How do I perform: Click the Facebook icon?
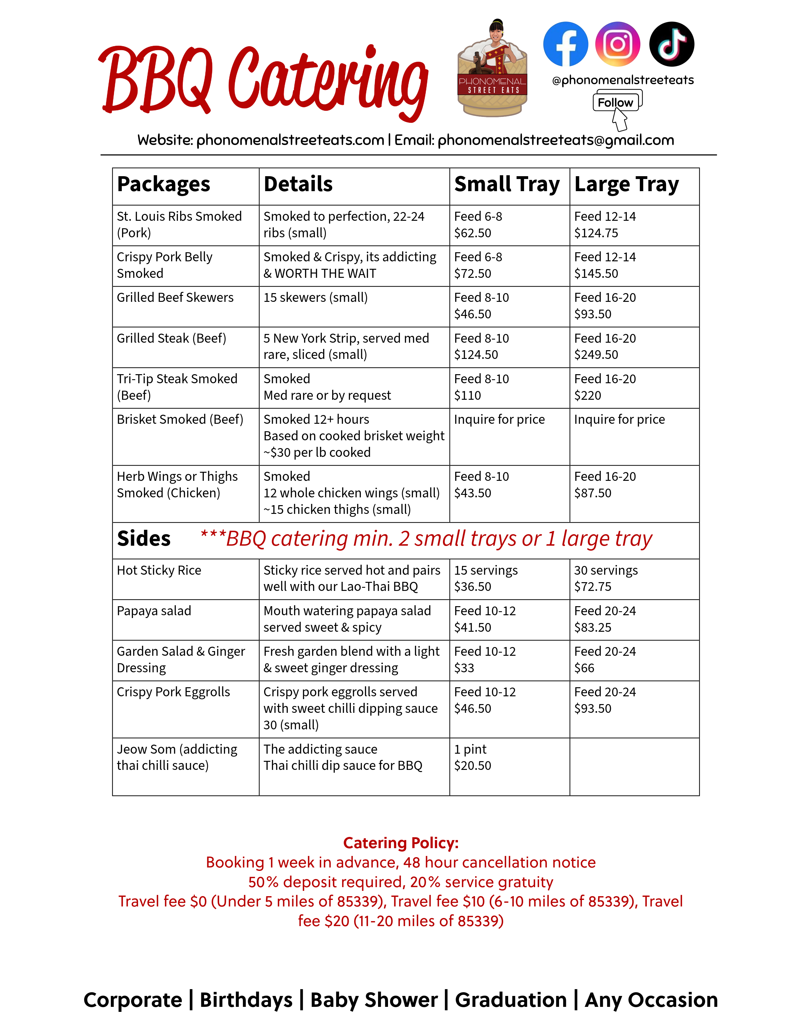[565, 44]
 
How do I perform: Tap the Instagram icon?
[618, 44]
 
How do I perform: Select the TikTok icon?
[671, 44]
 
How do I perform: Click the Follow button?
[615, 102]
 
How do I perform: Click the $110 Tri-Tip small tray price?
[467, 395]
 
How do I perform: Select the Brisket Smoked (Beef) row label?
[180, 419]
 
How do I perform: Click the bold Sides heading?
[144, 539]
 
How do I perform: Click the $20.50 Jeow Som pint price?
[473, 766]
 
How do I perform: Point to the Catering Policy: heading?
[401, 843]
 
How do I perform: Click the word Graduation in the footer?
[511, 1000]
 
